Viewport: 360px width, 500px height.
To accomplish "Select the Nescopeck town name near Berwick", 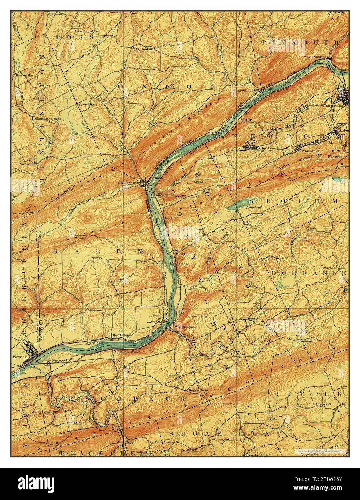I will click(60, 360).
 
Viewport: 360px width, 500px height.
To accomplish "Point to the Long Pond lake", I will click(237, 205).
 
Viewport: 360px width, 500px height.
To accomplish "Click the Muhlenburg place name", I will click(145, 49).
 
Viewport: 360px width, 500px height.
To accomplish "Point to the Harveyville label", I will click(24, 75).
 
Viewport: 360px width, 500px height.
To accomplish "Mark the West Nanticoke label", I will click(317, 56).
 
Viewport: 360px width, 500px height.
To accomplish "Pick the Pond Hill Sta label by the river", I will click(185, 254).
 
